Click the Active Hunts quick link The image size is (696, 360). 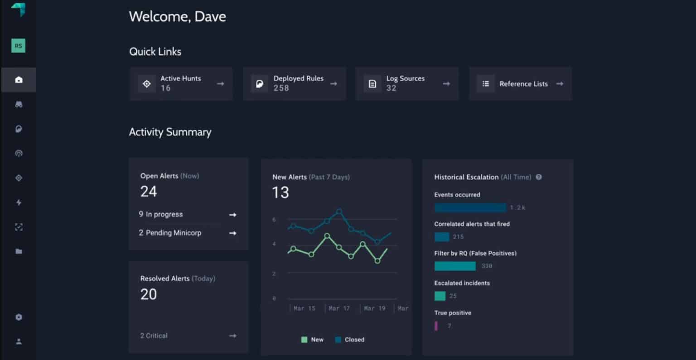tap(181, 84)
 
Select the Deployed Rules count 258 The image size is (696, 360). tap(281, 88)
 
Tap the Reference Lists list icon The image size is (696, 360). tap(486, 84)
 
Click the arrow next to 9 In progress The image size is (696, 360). tap(232, 215)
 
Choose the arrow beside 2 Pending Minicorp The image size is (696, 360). tap(232, 233)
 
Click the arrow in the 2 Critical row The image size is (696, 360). tap(232, 336)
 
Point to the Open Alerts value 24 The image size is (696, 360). tap(149, 192)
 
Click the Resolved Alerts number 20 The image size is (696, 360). tap(149, 294)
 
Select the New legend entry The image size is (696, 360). tap(312, 340)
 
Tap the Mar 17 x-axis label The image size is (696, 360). tap(339, 308)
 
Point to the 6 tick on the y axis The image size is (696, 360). tap(274, 220)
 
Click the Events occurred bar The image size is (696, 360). tap(470, 208)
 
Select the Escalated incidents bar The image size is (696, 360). tap(440, 296)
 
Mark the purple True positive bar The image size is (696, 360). tap(436, 326)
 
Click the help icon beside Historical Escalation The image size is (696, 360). tap(539, 177)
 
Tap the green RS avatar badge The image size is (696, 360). tap(18, 46)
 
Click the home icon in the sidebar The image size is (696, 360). tap(19, 80)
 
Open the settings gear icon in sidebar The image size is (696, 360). tap(19, 317)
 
